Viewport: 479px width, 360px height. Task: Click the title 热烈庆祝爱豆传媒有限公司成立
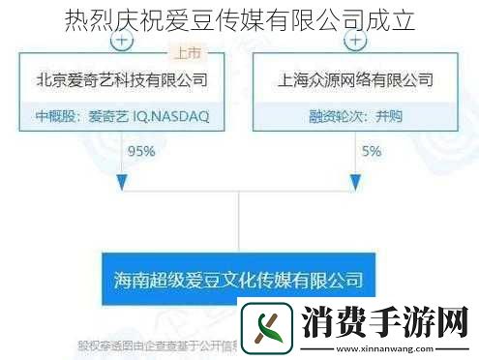coord(239,20)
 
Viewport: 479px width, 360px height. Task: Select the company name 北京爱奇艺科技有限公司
coord(121,80)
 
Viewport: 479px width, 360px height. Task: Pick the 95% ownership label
coord(141,151)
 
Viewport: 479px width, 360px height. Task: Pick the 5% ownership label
coord(371,151)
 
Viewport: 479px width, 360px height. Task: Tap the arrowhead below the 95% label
coord(120,182)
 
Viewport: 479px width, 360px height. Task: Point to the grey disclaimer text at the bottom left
coord(155,345)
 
